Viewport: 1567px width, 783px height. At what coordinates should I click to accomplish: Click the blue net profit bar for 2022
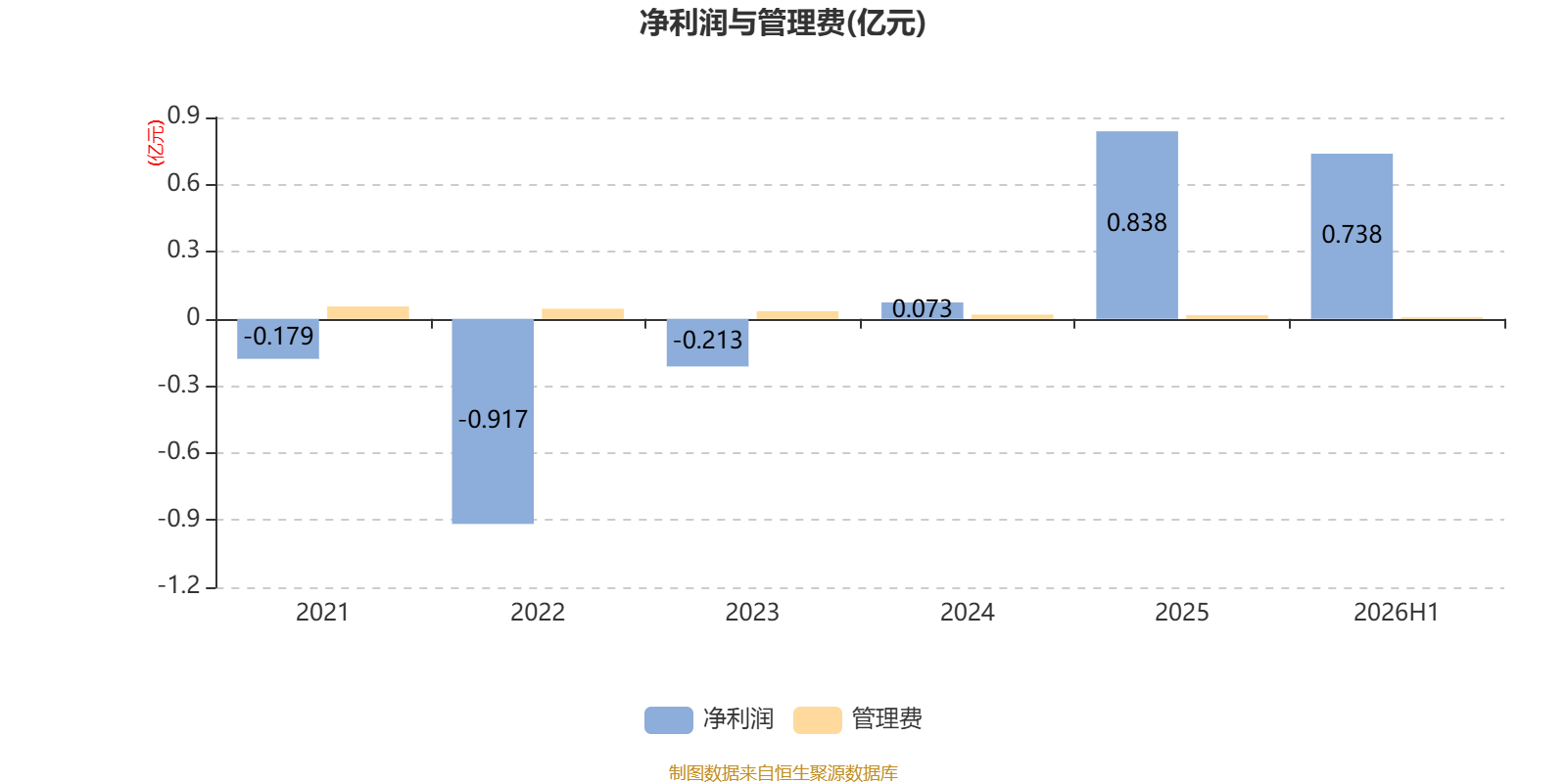tap(493, 421)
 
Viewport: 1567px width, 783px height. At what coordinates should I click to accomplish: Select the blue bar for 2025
tap(1137, 225)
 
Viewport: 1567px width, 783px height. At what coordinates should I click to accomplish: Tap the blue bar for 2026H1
tap(1352, 236)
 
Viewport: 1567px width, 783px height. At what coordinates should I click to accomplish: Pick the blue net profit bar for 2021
tap(278, 339)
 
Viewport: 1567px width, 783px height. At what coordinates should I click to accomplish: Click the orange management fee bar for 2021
tap(368, 313)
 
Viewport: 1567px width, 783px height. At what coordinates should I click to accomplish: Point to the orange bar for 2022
tap(583, 314)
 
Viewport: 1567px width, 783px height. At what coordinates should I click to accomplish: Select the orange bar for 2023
tap(797, 315)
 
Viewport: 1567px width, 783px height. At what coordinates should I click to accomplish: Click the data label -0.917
tap(493, 420)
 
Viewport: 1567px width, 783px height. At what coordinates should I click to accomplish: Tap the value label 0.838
tap(1137, 223)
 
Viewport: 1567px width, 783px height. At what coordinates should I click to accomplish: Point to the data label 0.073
tap(922, 309)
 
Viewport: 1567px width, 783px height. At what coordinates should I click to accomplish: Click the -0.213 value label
tap(707, 341)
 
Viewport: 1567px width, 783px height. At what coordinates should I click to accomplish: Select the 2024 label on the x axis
tap(967, 613)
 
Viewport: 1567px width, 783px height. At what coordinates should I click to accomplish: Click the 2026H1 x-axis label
tap(1396, 613)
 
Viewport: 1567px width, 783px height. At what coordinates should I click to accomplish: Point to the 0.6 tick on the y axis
tap(183, 183)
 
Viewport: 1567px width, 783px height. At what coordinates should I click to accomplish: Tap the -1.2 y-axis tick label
tap(178, 584)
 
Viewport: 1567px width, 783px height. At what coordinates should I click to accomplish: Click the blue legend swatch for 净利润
tap(669, 720)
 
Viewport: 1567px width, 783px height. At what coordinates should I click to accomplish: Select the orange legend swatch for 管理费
tap(817, 720)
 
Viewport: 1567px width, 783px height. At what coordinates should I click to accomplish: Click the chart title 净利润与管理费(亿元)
tap(783, 23)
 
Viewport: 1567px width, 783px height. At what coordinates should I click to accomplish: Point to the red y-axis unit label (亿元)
tap(156, 143)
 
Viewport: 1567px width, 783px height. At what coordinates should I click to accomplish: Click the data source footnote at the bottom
tap(783, 772)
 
